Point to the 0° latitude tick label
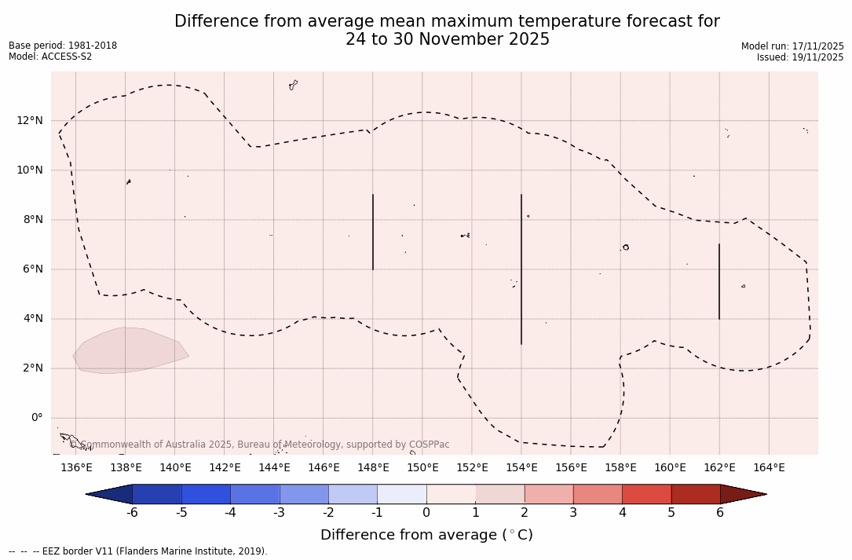click(36, 418)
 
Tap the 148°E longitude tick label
click(373, 468)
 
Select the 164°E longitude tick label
click(769, 468)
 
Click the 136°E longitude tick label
click(76, 468)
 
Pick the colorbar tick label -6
click(132, 513)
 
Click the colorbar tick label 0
click(426, 513)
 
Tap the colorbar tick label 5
click(671, 513)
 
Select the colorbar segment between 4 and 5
click(646, 494)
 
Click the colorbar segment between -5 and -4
click(206, 494)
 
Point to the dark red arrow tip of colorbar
click(742, 494)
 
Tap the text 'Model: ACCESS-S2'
click(50, 57)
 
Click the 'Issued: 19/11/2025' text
click(799, 57)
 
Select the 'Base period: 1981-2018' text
click(63, 46)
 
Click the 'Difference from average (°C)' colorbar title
click(426, 536)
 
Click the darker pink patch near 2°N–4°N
click(130, 350)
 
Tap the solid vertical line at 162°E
click(719, 281)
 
